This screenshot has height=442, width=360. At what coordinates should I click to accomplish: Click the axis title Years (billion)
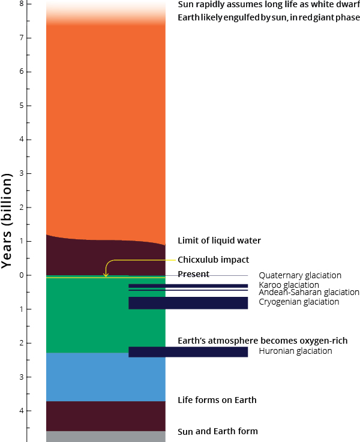(7, 221)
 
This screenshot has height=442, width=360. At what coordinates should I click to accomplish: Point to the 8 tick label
(22, 4)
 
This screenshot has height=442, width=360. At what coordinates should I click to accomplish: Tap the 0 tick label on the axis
(22, 275)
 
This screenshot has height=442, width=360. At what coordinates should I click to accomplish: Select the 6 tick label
(22, 71)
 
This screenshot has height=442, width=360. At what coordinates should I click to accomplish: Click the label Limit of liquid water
(219, 240)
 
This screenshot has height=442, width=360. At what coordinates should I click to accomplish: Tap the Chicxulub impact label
(214, 260)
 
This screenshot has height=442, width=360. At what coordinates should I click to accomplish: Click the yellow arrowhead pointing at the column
(106, 275)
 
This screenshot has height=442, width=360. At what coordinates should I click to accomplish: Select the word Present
(193, 274)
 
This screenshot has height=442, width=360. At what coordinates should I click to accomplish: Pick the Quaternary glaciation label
(300, 275)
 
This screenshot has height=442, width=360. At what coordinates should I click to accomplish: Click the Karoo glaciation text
(289, 285)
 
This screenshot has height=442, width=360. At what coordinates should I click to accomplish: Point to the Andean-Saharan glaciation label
(309, 292)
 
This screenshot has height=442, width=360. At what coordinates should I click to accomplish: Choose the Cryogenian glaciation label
(299, 302)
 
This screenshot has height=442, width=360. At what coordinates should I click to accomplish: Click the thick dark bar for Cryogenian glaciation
(188, 303)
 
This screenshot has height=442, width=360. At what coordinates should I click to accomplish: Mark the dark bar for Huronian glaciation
(188, 352)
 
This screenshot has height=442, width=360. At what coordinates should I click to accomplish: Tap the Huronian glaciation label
(295, 351)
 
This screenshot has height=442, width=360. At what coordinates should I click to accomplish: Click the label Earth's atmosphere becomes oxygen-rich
(262, 341)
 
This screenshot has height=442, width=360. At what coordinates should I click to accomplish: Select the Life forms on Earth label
(217, 400)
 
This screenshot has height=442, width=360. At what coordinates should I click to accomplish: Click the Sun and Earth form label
(218, 431)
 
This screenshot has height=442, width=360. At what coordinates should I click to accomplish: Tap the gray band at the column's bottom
(106, 437)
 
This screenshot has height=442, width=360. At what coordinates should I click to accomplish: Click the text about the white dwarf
(269, 5)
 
